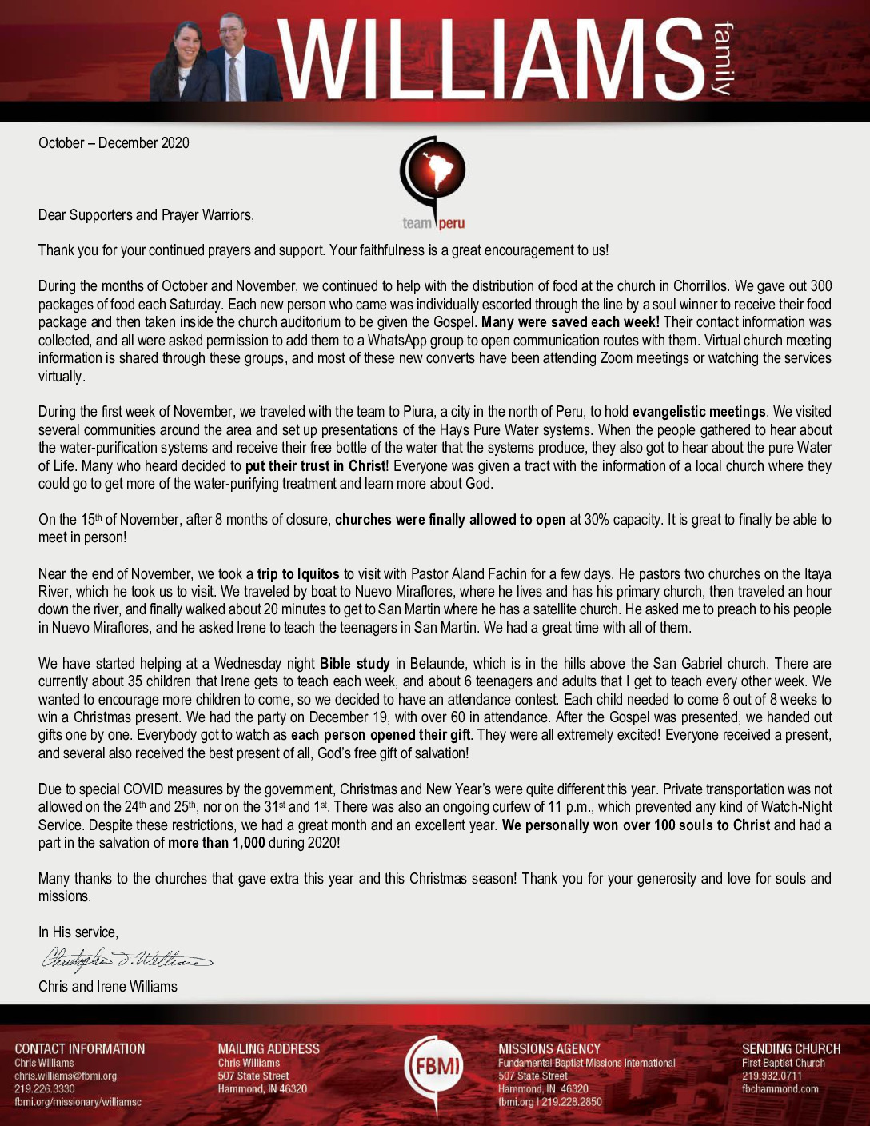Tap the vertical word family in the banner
click(721, 60)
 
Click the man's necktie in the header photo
click(233, 78)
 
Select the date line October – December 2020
click(114, 143)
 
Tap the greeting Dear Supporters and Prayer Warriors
click(146, 215)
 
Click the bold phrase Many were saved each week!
click(570, 322)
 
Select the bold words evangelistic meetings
click(699, 412)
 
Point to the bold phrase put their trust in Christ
click(315, 465)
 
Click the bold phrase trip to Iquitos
click(298, 573)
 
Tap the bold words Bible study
click(354, 663)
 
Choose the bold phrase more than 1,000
click(216, 842)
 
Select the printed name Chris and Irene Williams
click(108, 986)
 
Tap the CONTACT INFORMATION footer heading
click(80, 1048)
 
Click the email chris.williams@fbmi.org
click(66, 1076)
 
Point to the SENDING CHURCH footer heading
click(791, 1048)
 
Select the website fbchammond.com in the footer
click(780, 1088)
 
